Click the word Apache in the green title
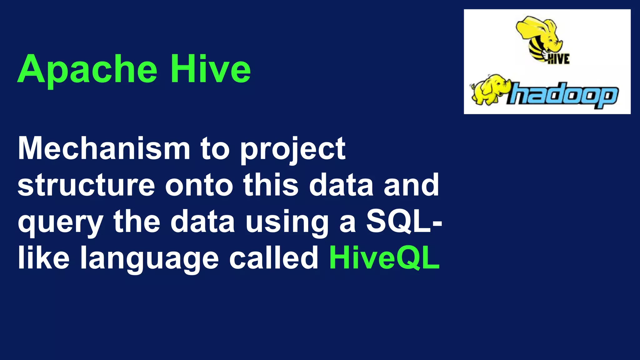(x=87, y=69)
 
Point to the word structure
(x=86, y=185)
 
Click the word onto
(x=199, y=185)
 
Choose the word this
(x=271, y=185)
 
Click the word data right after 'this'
(x=341, y=185)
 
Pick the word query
(x=60, y=222)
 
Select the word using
(x=287, y=222)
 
